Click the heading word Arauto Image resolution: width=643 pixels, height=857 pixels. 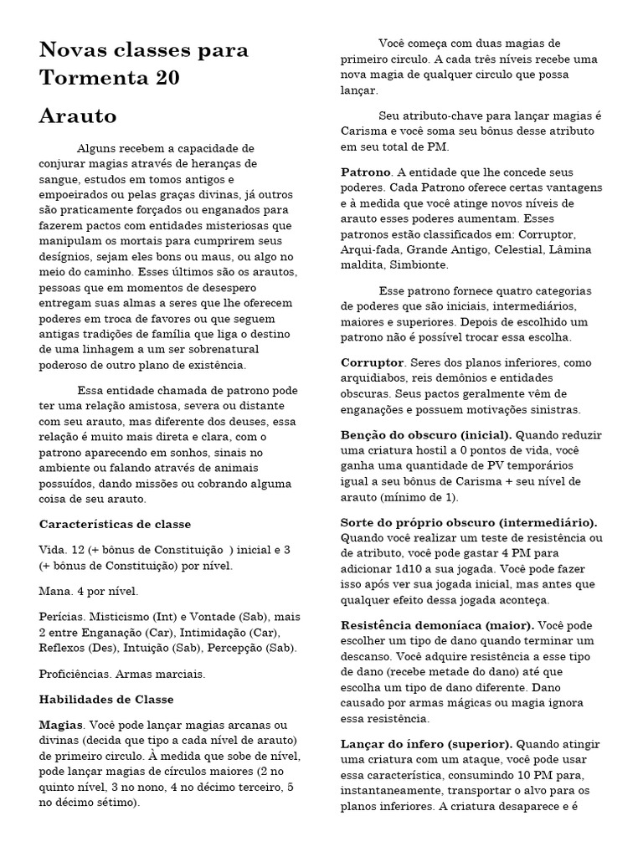pos(78,115)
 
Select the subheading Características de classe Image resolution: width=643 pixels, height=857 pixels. pos(116,524)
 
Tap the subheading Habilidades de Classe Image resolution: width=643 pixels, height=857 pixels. pos(106,699)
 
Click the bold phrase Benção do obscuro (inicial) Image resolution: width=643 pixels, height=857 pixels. pos(426,435)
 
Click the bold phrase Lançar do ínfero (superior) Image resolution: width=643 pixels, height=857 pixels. pos(426,744)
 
